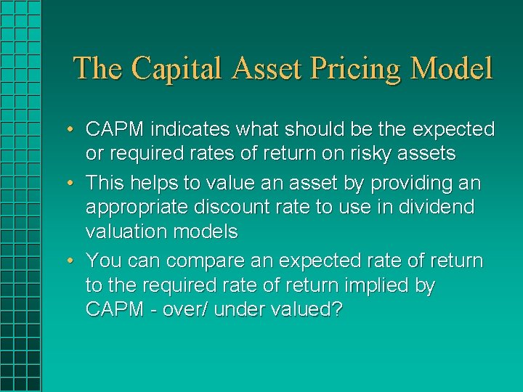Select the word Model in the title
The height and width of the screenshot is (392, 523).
point(451,69)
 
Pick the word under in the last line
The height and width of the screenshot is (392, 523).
point(241,309)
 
